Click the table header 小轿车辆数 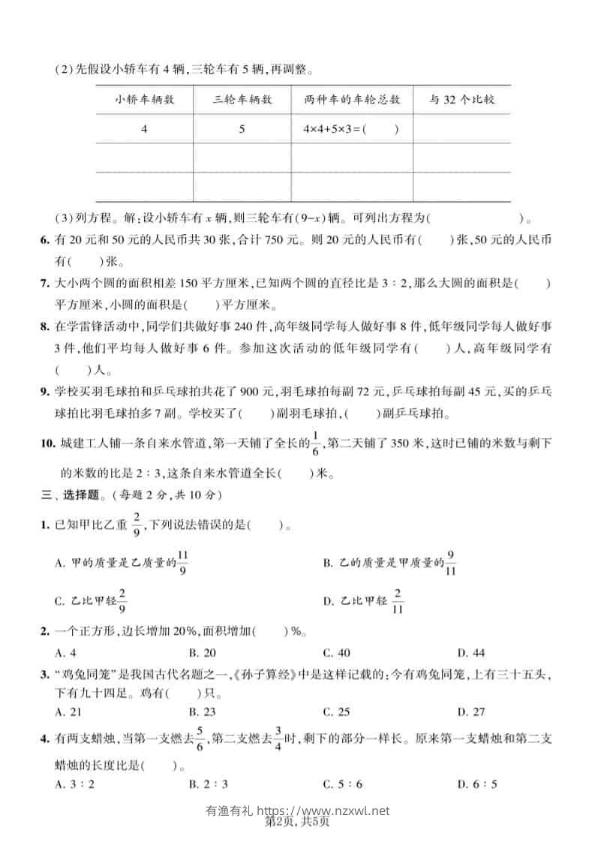pos(145,99)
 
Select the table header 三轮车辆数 pos(242,99)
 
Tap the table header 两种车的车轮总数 pos(352,99)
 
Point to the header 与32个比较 pos(461,99)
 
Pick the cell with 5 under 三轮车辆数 pos(242,129)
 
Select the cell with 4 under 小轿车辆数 pos(144,129)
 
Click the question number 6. pos(44,241)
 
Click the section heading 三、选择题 pos(74,495)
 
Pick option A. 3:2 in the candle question pos(69,785)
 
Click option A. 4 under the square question pos(65,652)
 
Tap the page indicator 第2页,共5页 pos(298,823)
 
